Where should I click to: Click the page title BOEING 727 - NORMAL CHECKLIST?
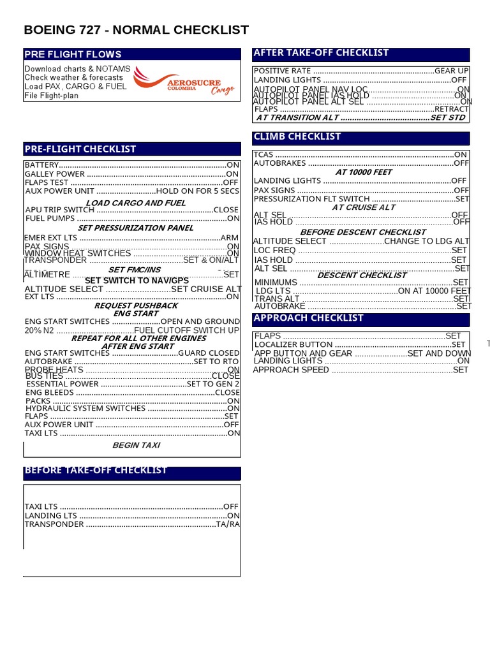coord(136,30)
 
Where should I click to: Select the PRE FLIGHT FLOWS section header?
coord(73,54)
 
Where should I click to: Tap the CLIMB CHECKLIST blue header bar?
coord(297,136)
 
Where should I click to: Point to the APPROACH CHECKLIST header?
coord(308,318)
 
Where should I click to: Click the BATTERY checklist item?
coord(41,165)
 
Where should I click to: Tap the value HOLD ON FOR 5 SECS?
coord(198,191)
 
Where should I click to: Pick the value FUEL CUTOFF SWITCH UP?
coord(187,330)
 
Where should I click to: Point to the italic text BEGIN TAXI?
coord(136,445)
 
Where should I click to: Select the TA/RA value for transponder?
coord(228,524)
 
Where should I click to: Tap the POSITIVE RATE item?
coord(282,71)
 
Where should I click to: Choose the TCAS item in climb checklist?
coord(264,155)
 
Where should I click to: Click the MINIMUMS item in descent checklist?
coord(276,282)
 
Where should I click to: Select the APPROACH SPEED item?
coord(291,370)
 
